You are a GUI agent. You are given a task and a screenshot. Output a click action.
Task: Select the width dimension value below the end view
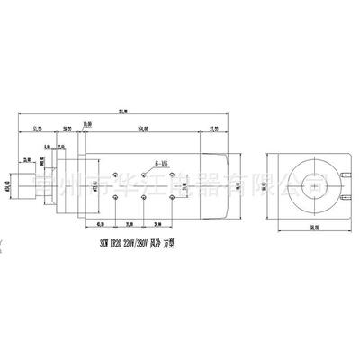pos(309,229)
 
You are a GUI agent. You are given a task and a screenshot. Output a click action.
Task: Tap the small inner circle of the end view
pos(309,185)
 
